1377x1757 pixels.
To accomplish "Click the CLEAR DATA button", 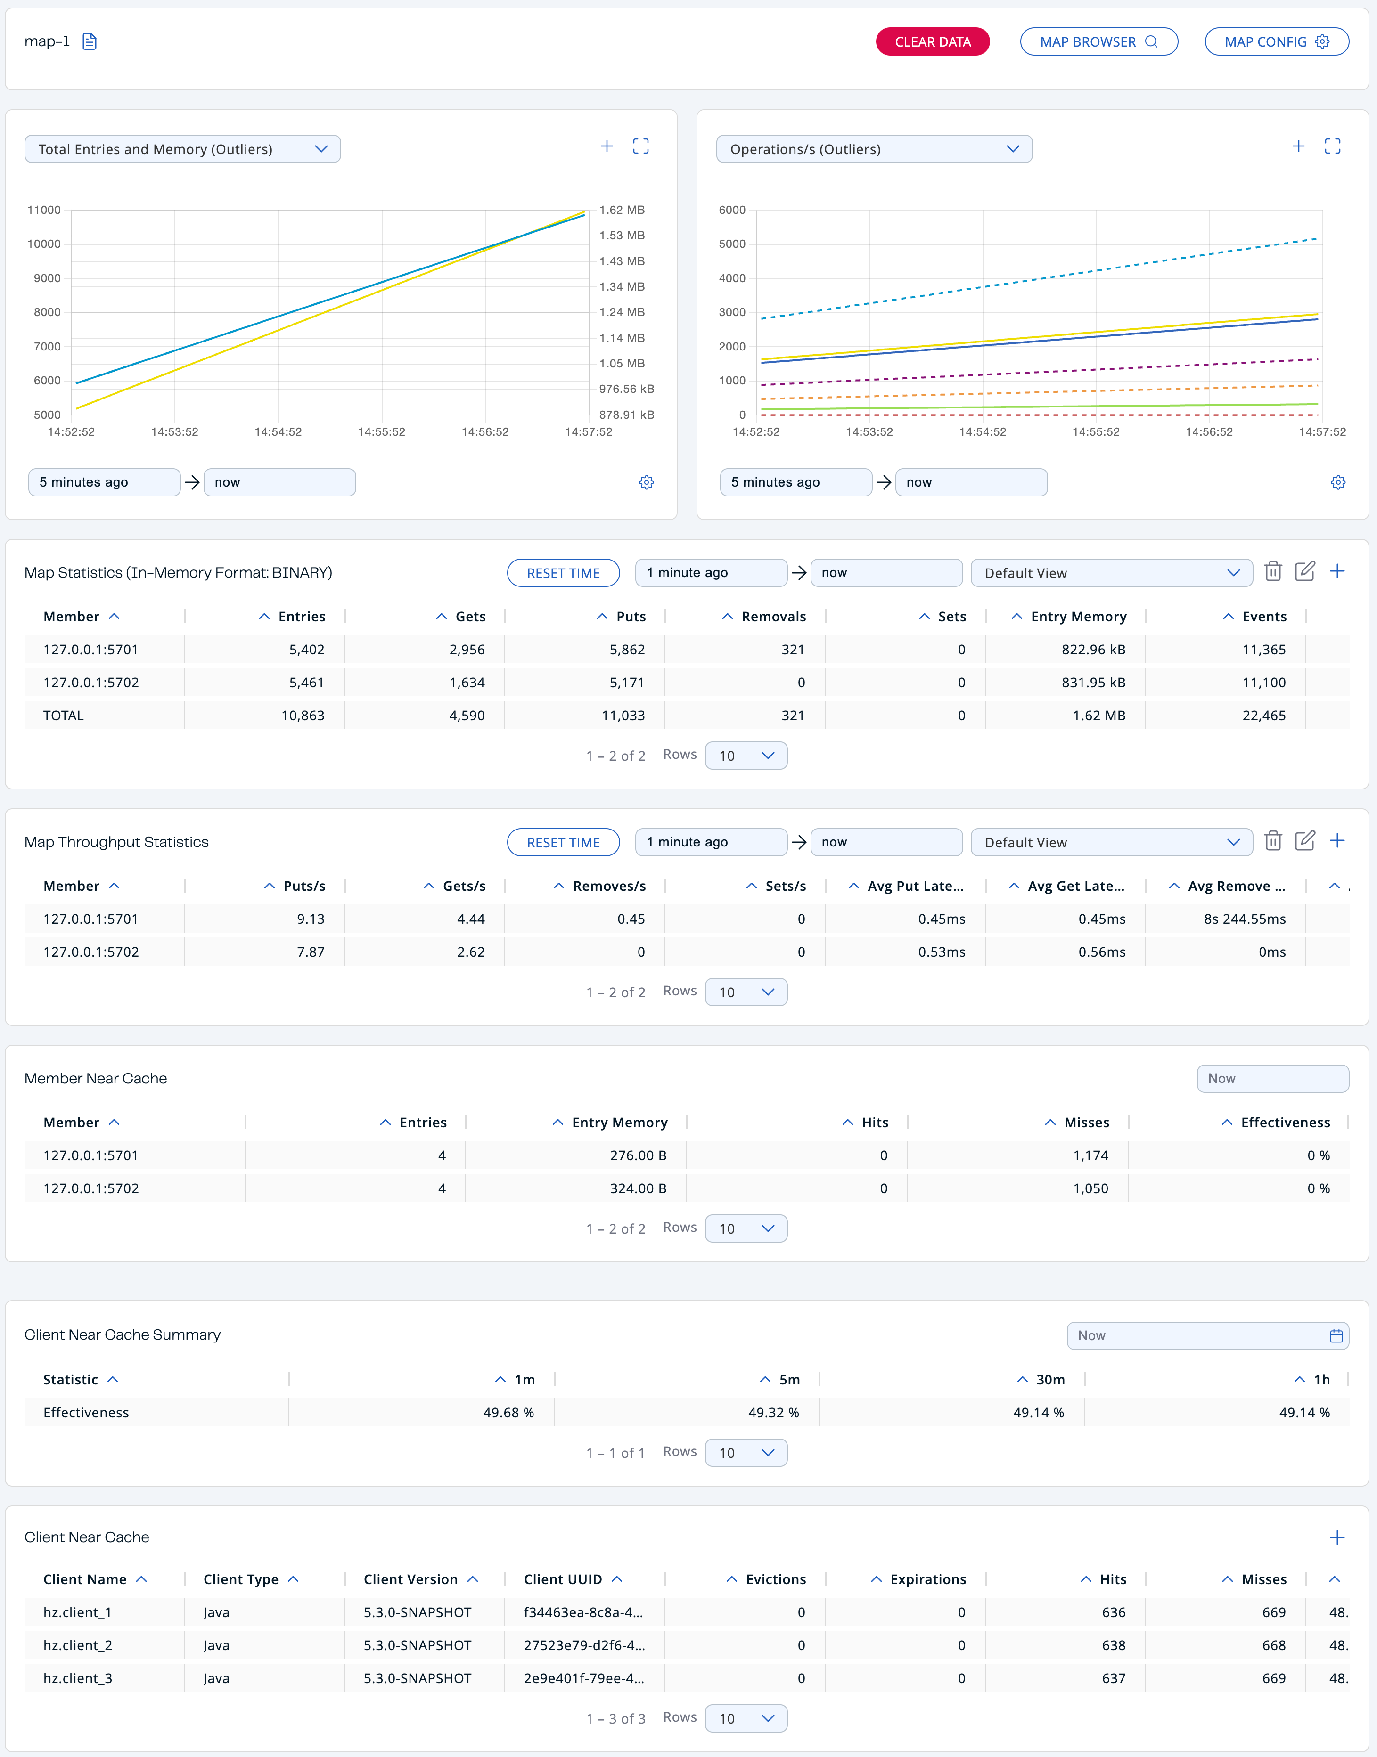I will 932,42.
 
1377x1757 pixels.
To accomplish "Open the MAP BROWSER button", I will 1098,42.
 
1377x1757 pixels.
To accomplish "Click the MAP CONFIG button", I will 1276,42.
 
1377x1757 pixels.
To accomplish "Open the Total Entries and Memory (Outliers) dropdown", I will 183,149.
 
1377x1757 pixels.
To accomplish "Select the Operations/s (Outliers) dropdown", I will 874,149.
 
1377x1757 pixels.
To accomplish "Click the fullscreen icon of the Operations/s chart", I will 1332,146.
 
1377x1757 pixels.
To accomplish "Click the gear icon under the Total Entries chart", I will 646,482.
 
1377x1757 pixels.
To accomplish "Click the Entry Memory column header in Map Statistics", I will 1078,617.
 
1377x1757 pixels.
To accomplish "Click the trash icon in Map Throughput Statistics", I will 1273,841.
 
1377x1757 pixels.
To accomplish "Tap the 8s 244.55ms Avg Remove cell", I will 1244,919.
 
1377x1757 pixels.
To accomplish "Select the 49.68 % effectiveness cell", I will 508,1413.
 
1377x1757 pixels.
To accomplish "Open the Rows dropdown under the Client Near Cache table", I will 746,1718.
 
